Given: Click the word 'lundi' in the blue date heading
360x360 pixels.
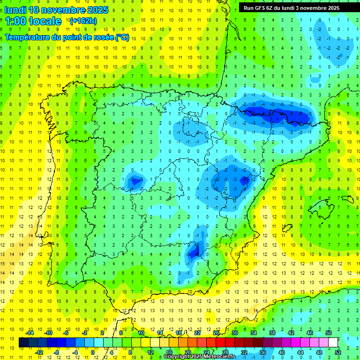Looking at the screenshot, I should tap(15, 10).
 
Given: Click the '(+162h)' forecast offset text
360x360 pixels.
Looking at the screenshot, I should tap(83, 21).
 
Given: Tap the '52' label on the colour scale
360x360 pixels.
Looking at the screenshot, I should tap(338, 352).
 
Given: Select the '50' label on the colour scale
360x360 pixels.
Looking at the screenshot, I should tap(329, 333).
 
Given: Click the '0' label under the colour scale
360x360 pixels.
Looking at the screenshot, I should tap(93, 352).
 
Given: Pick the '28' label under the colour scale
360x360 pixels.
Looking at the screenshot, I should tap(225, 352).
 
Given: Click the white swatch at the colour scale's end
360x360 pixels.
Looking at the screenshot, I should tap(333, 342).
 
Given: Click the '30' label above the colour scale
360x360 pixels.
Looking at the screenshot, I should tap(235, 333).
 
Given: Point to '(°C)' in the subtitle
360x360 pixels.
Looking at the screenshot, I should tap(123, 37).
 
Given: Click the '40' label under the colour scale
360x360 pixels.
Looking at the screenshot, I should tap(282, 352).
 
